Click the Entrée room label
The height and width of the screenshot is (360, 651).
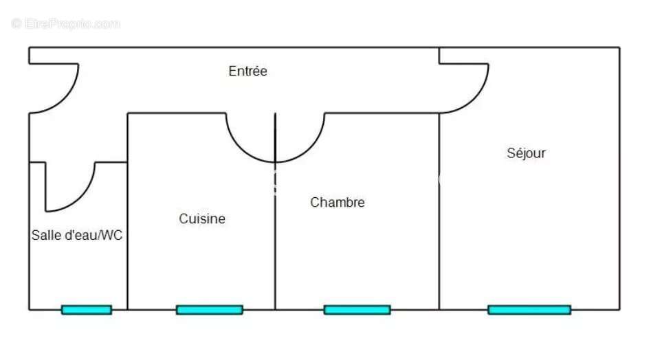coord(248,71)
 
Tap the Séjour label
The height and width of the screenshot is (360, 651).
coord(526,153)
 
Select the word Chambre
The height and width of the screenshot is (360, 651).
coord(337,202)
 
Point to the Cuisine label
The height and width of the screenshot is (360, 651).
coord(202,218)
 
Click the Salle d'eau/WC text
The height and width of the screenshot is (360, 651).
coord(77,235)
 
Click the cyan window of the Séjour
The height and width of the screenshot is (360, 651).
coord(529,310)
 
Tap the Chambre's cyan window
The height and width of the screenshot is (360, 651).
coord(357,310)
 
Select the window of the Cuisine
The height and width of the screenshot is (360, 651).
coord(209,310)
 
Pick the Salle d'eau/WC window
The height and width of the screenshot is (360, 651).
coord(87,310)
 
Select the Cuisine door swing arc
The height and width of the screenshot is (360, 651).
coord(241,148)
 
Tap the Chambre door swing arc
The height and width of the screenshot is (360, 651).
coord(310,148)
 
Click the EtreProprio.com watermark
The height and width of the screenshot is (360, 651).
coord(65,23)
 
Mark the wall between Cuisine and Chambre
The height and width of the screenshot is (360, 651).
coord(275,211)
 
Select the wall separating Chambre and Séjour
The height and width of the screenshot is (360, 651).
coord(439,211)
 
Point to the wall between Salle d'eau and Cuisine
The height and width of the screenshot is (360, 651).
coord(127,211)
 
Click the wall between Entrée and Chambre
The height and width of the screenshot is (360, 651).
coord(382,113)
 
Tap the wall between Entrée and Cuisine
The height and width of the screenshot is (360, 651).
coord(177,113)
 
